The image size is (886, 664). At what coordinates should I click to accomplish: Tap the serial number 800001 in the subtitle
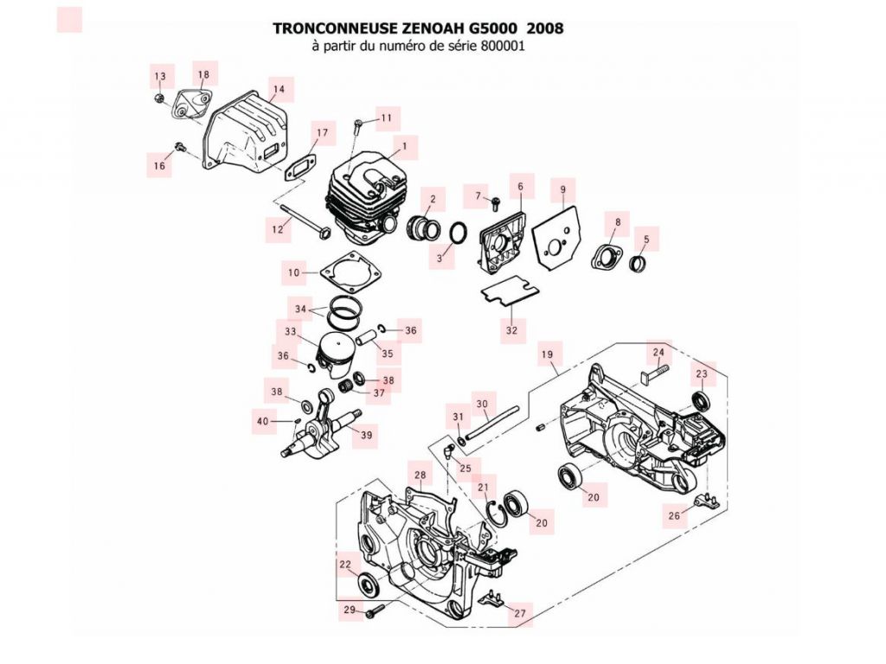click(500, 47)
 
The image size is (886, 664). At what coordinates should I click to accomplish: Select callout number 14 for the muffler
click(278, 89)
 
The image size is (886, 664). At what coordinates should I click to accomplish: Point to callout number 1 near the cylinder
click(403, 146)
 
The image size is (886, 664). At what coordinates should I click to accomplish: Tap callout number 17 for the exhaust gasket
click(322, 133)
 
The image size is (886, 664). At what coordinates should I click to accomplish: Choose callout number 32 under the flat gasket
click(511, 330)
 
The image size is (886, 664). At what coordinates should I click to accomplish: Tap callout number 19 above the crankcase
click(547, 354)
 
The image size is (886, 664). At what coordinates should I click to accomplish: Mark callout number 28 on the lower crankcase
click(420, 476)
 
